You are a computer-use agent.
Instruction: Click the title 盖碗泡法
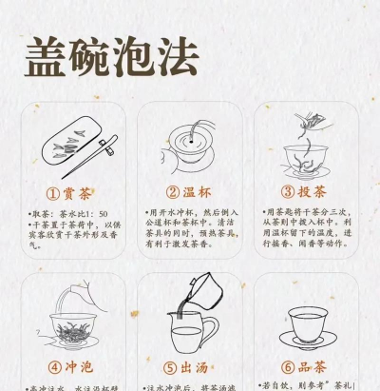111,57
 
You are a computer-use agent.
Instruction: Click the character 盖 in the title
45,57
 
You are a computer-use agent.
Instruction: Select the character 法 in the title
178,57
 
